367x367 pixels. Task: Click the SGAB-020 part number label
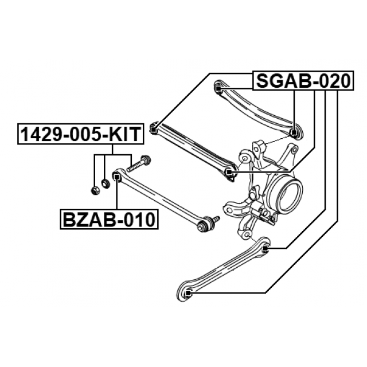[302, 81]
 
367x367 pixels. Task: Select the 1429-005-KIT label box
[79, 135]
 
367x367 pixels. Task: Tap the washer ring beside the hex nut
[105, 183]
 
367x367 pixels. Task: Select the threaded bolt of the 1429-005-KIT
[136, 165]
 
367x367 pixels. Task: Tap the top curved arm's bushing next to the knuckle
[294, 134]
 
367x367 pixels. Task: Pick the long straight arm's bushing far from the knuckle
[154, 128]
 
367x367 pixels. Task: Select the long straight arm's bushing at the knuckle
[229, 172]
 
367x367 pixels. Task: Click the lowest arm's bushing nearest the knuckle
[265, 248]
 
